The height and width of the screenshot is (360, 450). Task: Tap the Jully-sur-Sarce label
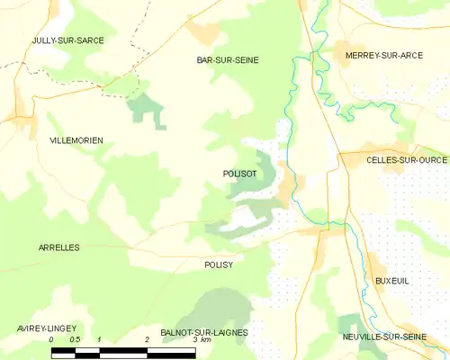click(x=67, y=41)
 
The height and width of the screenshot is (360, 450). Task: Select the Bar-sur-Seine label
click(x=228, y=60)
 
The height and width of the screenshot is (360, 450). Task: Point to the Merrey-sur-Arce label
click(x=377, y=56)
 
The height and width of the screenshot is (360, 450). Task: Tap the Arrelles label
click(x=59, y=247)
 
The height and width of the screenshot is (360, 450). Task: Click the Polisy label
click(x=219, y=265)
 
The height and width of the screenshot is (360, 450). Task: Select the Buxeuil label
click(x=391, y=281)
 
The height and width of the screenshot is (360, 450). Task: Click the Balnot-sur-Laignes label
click(x=204, y=332)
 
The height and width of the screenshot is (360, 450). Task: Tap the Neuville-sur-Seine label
click(x=384, y=337)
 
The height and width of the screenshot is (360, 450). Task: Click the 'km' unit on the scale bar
click(x=206, y=340)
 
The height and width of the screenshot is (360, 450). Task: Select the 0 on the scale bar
click(x=51, y=340)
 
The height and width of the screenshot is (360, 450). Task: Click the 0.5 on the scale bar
click(x=75, y=340)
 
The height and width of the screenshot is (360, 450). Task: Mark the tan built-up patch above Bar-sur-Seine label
click(x=204, y=33)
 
